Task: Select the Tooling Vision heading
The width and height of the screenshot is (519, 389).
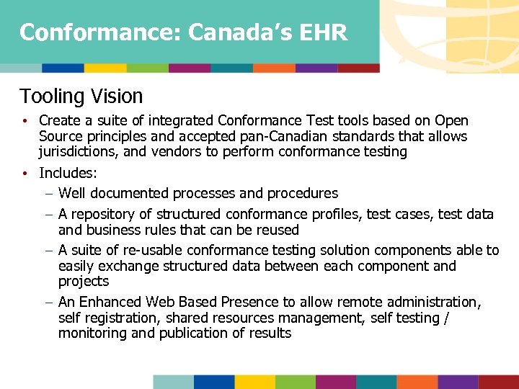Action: [x=81, y=96]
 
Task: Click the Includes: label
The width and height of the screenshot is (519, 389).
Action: [x=68, y=173]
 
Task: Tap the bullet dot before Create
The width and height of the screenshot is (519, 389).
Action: [x=24, y=121]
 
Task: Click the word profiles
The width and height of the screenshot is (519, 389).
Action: [x=337, y=214]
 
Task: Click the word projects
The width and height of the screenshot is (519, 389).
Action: [x=83, y=281]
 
